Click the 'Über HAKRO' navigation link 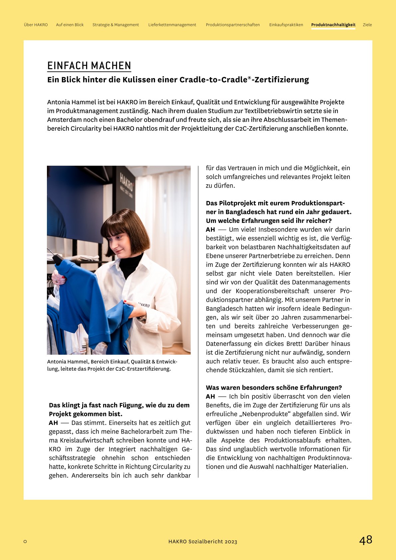point(36,25)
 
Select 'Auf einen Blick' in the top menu point(70,25)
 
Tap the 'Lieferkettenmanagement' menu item point(172,25)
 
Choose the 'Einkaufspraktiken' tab point(286,25)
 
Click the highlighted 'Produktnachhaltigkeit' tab point(333,25)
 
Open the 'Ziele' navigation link point(367,25)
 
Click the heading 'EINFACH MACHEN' point(89,66)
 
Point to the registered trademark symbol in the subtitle point(249,78)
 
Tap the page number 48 point(365,540)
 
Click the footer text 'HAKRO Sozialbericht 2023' point(203,542)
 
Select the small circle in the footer point(25,542)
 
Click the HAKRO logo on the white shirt point(144,305)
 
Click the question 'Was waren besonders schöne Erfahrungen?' point(274,388)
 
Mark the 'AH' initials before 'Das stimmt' point(53,423)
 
